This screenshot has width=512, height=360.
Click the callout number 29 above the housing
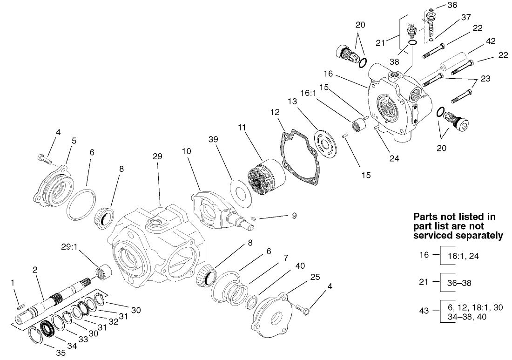click(157, 157)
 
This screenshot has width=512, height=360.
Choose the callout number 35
click(61, 353)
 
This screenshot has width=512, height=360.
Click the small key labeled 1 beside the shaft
click(20, 306)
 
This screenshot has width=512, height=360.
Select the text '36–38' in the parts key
click(456, 282)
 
